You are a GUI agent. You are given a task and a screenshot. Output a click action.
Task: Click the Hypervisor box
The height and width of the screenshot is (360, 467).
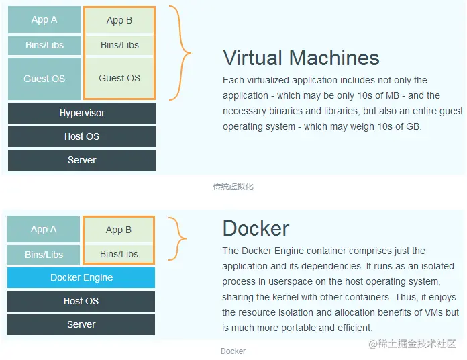(x=82, y=113)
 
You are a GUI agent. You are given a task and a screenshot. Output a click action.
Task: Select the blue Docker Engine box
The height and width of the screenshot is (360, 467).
(x=81, y=277)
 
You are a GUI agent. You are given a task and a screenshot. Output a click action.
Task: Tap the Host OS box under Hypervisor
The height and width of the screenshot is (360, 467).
(x=82, y=136)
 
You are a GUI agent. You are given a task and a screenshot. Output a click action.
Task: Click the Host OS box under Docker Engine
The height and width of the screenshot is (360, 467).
(x=81, y=301)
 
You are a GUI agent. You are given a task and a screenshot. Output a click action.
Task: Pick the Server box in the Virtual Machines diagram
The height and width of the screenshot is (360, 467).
(x=82, y=160)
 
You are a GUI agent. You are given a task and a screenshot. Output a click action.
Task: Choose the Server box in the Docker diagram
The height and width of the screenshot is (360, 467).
(x=81, y=324)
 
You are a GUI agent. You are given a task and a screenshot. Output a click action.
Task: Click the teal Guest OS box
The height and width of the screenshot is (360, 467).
(x=44, y=79)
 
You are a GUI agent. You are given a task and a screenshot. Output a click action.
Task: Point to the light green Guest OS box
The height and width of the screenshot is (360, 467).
(x=119, y=78)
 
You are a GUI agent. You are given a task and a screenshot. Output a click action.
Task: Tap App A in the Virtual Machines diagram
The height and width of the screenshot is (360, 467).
(x=44, y=19)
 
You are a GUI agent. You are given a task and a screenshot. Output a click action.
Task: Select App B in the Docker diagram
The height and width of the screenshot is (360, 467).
(x=119, y=230)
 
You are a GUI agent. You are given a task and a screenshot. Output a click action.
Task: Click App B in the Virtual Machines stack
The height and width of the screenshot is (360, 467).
(x=119, y=21)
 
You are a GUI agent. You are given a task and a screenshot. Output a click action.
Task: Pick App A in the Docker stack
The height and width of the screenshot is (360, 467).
(x=44, y=229)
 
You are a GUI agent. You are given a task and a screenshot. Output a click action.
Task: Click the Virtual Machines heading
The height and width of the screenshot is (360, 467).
(x=301, y=58)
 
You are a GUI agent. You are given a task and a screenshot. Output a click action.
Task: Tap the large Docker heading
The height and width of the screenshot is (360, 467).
(x=256, y=228)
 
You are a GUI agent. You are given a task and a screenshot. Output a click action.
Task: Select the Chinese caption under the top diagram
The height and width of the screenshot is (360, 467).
(x=234, y=187)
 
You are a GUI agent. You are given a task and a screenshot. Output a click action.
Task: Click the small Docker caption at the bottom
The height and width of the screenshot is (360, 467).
(x=234, y=351)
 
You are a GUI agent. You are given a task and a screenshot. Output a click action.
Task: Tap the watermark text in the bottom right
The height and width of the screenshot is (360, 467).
(x=413, y=344)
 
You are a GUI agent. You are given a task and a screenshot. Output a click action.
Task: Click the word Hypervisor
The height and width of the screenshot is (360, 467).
(x=83, y=114)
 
